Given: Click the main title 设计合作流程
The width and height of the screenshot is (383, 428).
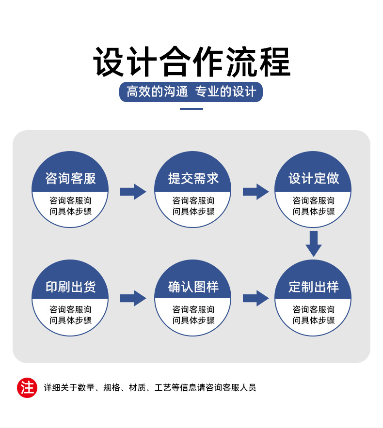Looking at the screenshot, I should (x=191, y=62).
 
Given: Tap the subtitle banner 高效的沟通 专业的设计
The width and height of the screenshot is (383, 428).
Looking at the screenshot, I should (x=191, y=92).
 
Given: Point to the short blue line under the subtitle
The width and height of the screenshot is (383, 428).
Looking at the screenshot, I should (x=191, y=109).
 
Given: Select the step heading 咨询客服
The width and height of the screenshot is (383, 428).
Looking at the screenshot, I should (x=70, y=178).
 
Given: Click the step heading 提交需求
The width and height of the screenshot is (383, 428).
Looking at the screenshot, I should (x=193, y=178).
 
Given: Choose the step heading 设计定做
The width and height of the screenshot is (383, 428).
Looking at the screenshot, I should (x=313, y=178).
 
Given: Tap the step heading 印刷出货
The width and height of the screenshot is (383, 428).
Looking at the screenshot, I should (x=70, y=287).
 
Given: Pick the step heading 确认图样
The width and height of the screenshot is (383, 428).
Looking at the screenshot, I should (x=193, y=287).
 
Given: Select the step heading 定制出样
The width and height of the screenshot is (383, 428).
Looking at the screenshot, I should (x=313, y=287).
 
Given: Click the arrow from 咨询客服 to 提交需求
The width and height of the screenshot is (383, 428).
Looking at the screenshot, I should (x=133, y=192).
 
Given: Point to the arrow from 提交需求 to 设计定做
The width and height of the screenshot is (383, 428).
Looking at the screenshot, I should (x=255, y=192).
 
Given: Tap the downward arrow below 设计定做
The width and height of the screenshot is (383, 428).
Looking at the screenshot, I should (x=314, y=244).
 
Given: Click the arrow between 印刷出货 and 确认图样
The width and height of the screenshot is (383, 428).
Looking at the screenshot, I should (x=133, y=298).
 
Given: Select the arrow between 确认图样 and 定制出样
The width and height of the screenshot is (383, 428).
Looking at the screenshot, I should (x=255, y=298).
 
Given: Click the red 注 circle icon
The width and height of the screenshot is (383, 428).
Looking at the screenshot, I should (x=27, y=387).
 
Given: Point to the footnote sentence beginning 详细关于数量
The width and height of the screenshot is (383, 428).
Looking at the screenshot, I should (x=150, y=387).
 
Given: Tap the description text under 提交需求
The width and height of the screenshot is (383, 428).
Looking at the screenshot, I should (x=193, y=206).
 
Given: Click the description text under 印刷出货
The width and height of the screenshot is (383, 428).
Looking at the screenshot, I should (x=70, y=315).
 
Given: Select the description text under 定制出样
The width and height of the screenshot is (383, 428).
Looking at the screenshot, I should (x=313, y=315).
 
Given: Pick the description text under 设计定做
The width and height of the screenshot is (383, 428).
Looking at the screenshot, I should (x=313, y=206).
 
